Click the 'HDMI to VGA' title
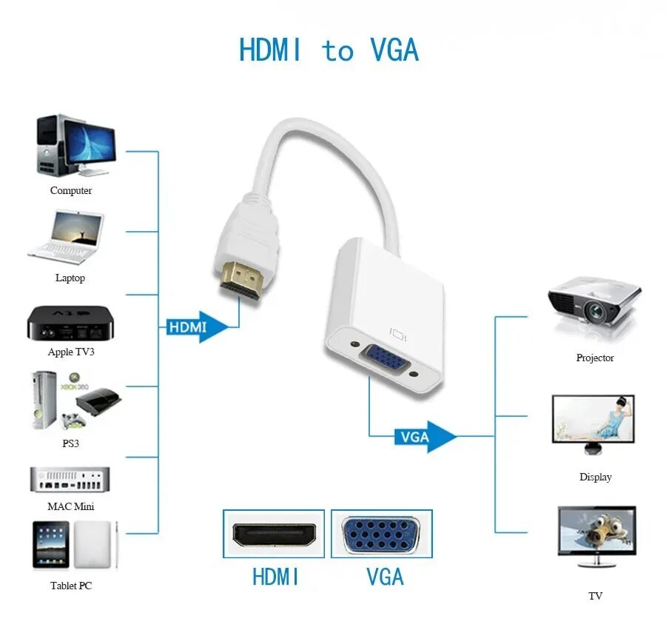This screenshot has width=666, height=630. coord(329,50)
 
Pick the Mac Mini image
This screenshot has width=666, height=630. coord(70,479)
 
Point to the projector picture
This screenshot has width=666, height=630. coord(593,304)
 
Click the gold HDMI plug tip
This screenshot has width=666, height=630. coord(243,281)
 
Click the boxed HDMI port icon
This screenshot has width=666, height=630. coord(274,533)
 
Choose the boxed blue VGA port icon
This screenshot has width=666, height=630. coord(381,533)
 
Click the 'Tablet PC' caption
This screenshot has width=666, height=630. coord(71,586)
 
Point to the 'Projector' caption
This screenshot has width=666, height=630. coord(595,358)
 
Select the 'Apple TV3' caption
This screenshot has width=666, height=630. coord(71,352)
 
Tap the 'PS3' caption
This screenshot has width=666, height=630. coord(71,443)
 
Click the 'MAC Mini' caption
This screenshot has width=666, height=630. coord(71,506)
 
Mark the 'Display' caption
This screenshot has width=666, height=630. coord(595,477)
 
